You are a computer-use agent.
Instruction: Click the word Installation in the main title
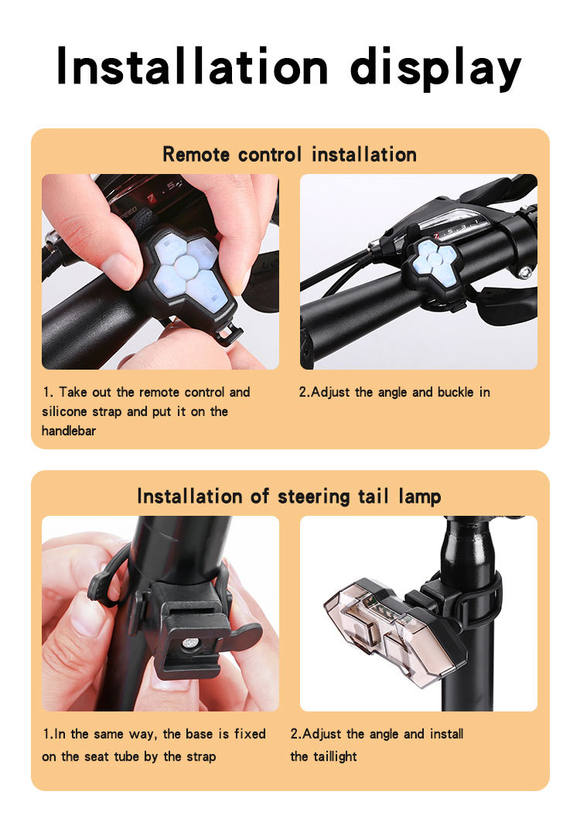tap(193, 66)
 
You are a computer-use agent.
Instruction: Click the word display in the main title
tap(435, 69)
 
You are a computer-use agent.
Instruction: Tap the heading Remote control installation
tap(290, 155)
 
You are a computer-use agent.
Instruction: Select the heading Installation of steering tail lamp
tap(289, 496)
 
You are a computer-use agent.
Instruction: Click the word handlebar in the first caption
tap(69, 431)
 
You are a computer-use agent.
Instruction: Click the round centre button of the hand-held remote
tap(186, 266)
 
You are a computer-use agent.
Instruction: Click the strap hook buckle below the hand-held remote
tap(229, 335)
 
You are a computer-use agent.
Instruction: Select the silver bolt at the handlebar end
tap(524, 273)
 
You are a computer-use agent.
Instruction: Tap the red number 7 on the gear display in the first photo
tap(152, 199)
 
